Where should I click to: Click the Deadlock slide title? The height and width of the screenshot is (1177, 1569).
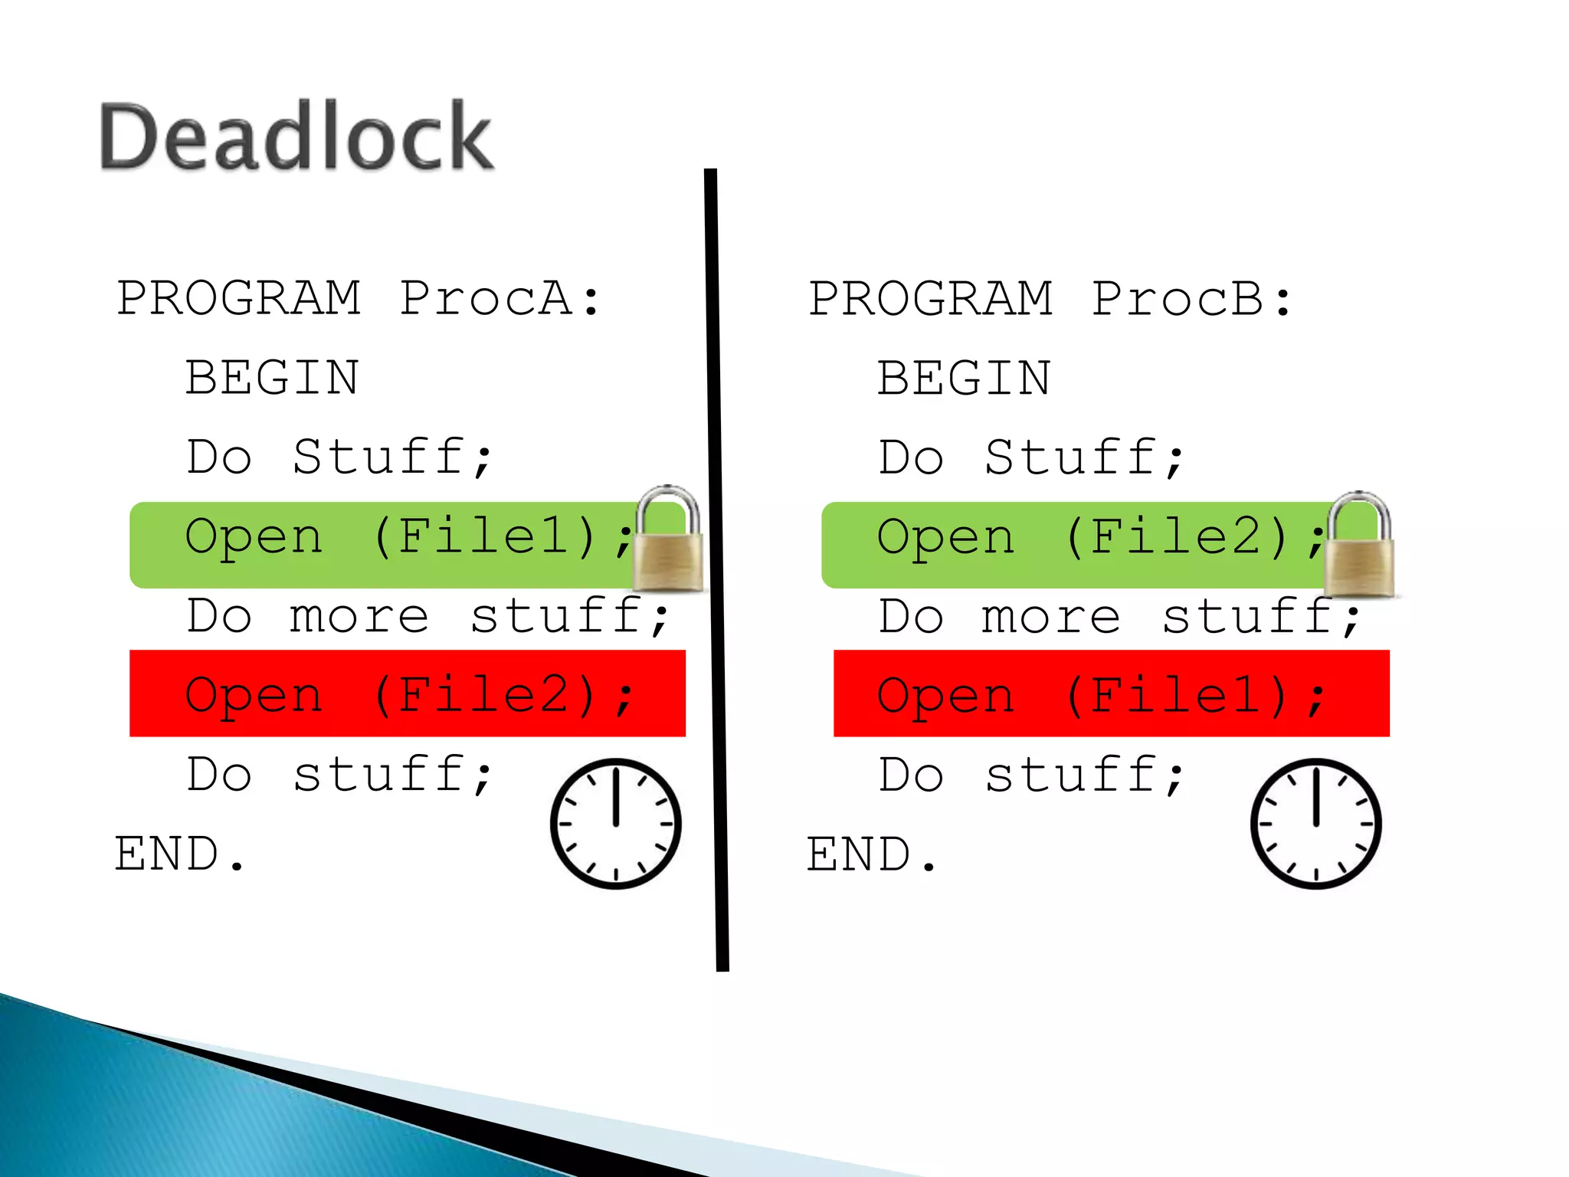pyautogui.click(x=296, y=137)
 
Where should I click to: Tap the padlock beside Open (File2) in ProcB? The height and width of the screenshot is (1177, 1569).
pyautogui.click(x=1361, y=548)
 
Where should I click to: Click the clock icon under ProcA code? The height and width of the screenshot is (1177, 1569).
pyautogui.click(x=615, y=824)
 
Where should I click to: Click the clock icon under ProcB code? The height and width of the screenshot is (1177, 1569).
pyautogui.click(x=1315, y=824)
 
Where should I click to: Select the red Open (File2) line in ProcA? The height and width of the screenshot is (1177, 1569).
pyautogui.click(x=408, y=694)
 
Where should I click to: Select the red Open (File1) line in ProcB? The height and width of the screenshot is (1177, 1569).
pyautogui.click(x=1111, y=694)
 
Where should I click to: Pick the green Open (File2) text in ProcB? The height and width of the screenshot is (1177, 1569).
pyautogui.click(x=1096, y=537)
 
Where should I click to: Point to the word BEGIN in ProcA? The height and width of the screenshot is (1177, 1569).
pyautogui.click(x=272, y=379)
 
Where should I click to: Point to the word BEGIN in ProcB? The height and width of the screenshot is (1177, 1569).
pyautogui.click(x=964, y=379)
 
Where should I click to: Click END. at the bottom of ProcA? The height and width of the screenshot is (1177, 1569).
pyautogui.click(x=179, y=854)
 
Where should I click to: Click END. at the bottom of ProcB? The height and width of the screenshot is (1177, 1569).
pyautogui.click(x=871, y=854)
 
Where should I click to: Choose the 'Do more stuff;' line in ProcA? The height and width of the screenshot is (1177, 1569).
pyautogui.click(x=427, y=617)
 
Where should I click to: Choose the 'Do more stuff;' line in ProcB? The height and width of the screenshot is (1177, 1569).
pyautogui.click(x=1119, y=617)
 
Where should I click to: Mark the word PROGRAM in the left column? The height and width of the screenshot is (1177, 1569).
pyautogui.click(x=239, y=299)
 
